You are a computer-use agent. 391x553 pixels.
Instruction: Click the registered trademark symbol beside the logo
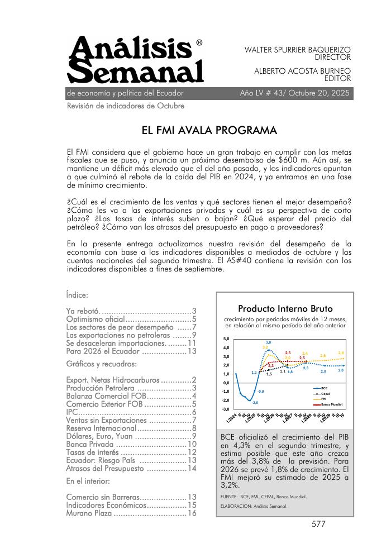[200, 42]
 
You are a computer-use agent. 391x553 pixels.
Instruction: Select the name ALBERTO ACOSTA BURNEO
[302, 71]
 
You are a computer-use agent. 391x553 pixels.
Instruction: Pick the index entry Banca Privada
[90, 444]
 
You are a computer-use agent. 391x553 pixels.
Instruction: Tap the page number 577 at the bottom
[318, 524]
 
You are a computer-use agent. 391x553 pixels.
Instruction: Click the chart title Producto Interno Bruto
[285, 308]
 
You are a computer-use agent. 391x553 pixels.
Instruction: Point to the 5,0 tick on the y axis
[226, 339]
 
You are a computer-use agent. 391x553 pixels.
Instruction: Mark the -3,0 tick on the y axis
[225, 409]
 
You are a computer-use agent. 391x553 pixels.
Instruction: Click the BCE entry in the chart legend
[324, 387]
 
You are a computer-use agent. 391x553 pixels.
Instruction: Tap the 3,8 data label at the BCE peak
[269, 342]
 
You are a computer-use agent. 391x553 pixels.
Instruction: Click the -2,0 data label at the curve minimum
[255, 402]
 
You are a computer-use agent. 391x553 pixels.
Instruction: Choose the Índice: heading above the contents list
[77, 294]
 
